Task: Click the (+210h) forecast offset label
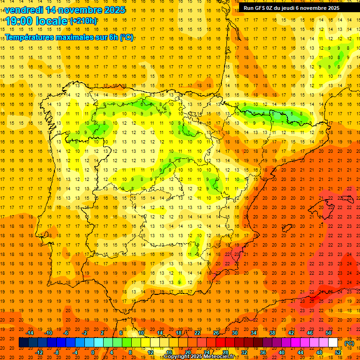(x=83, y=21)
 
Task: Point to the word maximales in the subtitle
(x=72, y=37)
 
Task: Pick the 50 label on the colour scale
(x=329, y=333)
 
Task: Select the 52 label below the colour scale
(x=338, y=352)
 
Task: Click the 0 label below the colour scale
(x=93, y=352)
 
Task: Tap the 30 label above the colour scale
(x=235, y=333)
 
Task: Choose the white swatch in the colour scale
(x=333, y=343)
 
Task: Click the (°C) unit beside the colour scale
(x=349, y=343)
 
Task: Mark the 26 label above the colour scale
(x=216, y=333)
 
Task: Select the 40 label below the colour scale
(x=282, y=352)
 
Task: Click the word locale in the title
(x=52, y=21)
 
